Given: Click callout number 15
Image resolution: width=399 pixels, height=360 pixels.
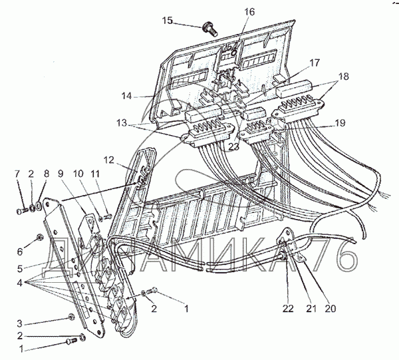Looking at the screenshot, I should click(x=167, y=21).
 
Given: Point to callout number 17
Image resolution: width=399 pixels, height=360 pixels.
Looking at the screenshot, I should click(x=314, y=62).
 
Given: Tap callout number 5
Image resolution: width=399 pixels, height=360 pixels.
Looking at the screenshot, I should click(x=19, y=270).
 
